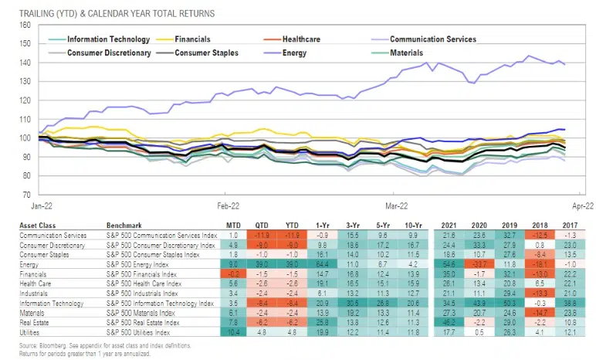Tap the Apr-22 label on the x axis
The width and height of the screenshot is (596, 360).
pyautogui.click(x=578, y=206)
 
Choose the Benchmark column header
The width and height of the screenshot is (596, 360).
pyautogui.click(x=138, y=224)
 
